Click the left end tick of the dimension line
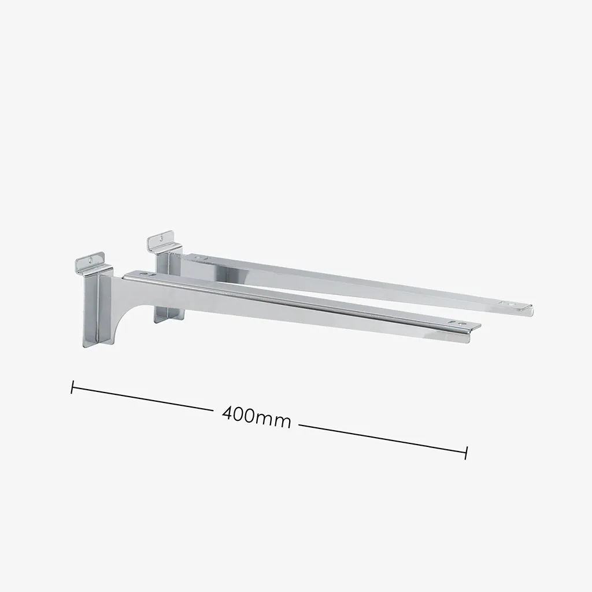[72, 387]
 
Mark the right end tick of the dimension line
[467, 453]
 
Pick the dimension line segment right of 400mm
[383, 439]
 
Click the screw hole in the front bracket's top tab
[91, 260]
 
